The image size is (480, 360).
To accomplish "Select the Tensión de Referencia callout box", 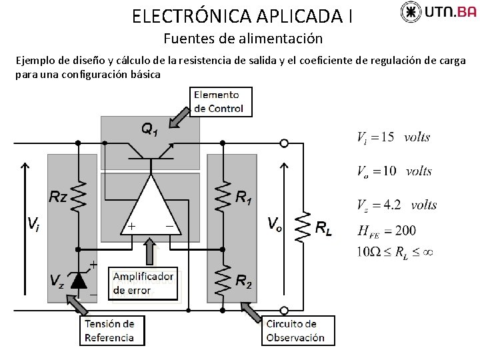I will click(x=109, y=330).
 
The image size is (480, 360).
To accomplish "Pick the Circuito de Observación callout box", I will click(x=295, y=331).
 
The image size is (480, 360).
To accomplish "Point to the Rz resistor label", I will click(x=58, y=197).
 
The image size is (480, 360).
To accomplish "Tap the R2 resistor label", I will click(x=244, y=281).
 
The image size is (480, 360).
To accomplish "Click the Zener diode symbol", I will click(x=79, y=281).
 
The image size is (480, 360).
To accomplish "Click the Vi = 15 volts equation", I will click(x=393, y=137).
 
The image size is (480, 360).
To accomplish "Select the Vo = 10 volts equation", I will click(x=395, y=171).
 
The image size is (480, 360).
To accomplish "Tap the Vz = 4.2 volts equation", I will click(x=397, y=205).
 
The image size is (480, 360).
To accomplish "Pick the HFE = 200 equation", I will click(x=387, y=231).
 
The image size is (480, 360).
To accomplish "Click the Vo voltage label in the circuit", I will click(x=274, y=223).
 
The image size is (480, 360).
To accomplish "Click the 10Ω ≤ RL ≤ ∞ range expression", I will click(x=395, y=252).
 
